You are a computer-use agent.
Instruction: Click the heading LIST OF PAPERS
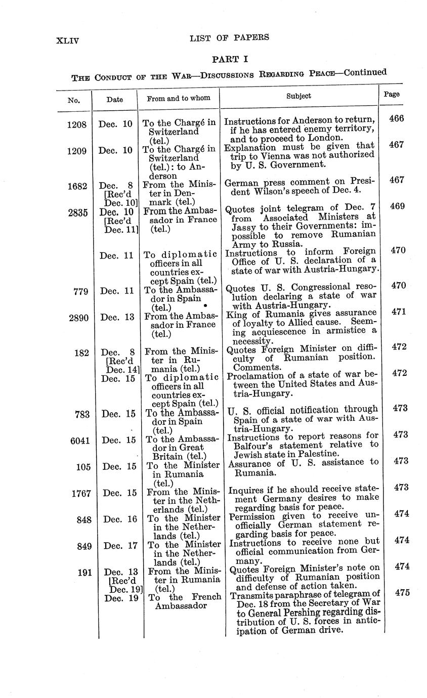[x=229, y=37]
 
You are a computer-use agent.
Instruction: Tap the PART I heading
[x=230, y=59]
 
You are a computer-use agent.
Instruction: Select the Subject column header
[x=298, y=96]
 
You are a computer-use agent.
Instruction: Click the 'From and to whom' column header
[x=179, y=98]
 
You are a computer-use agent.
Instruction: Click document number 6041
[x=79, y=440]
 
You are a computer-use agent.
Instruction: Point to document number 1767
[x=80, y=493]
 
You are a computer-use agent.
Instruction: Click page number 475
[x=402, y=593]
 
